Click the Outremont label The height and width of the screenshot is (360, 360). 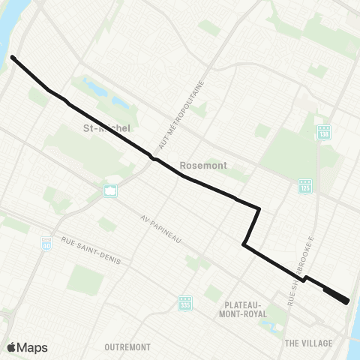(x=127, y=347)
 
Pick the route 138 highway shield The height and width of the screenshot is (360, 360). (x=323, y=132)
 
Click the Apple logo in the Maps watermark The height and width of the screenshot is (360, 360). (x=11, y=347)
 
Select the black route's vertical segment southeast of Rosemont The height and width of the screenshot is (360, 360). (x=252, y=225)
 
